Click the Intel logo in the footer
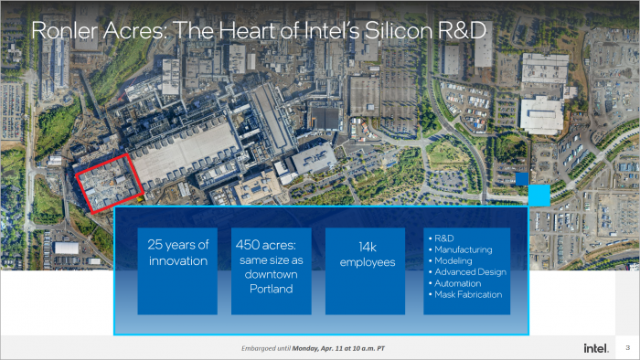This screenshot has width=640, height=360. coord(596,348)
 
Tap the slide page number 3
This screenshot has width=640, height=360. coord(627,348)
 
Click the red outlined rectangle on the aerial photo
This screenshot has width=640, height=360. coord(108,185)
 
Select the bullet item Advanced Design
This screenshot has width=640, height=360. coord(470,271)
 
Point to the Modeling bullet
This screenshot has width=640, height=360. coord(456,260)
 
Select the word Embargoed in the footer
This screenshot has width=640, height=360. coord(261,348)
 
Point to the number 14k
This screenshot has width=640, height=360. coord(353,246)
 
